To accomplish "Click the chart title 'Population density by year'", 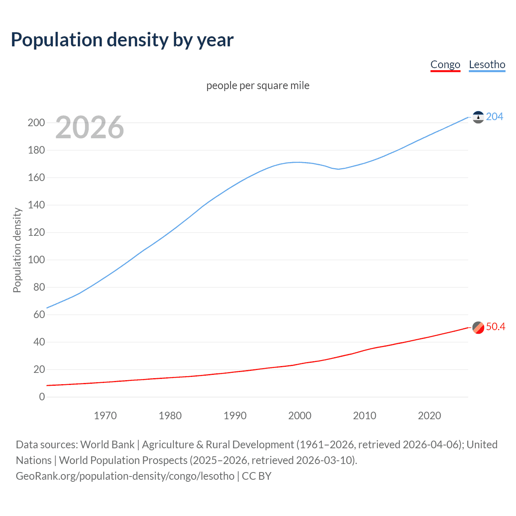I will pyautogui.click(x=122, y=40).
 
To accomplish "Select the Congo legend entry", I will pyautogui.click(x=445, y=64).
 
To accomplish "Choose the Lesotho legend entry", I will pyautogui.click(x=487, y=64).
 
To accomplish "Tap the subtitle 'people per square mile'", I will pyautogui.click(x=258, y=85).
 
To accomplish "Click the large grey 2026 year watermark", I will pyautogui.click(x=89, y=127).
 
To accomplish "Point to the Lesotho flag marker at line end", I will pyautogui.click(x=478, y=117).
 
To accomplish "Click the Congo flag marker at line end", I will pyautogui.click(x=478, y=327).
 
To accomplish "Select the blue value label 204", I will pyautogui.click(x=494, y=117).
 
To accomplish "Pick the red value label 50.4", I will pyautogui.click(x=495, y=327).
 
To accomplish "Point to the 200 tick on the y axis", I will pyautogui.click(x=36, y=123).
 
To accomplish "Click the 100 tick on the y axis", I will pyautogui.click(x=36, y=260).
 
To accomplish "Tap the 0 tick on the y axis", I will pyautogui.click(x=42, y=397).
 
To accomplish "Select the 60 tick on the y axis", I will pyautogui.click(x=39, y=314).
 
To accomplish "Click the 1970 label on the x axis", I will pyautogui.click(x=105, y=416).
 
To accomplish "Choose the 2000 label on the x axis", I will pyautogui.click(x=300, y=416).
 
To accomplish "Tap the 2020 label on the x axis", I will pyautogui.click(x=429, y=416).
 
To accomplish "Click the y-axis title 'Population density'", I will pyautogui.click(x=17, y=250).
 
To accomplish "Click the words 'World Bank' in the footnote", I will pyautogui.click(x=107, y=445).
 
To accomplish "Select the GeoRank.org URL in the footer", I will pyautogui.click(x=125, y=476).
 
